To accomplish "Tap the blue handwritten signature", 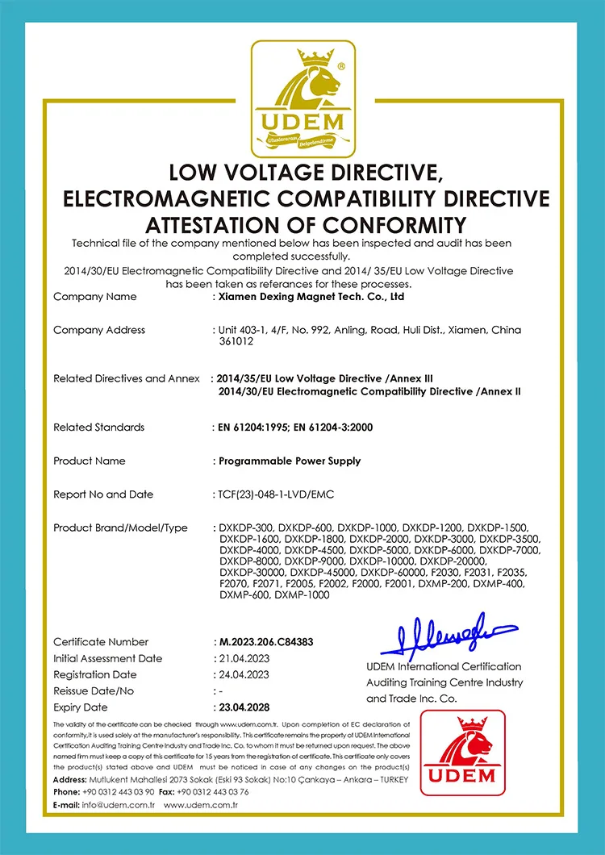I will (x=448, y=635).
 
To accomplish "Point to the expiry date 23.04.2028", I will (x=246, y=707).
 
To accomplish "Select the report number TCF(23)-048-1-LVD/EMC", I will (x=277, y=494).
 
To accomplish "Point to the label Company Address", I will (x=99, y=330).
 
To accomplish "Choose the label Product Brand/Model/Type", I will (x=120, y=528).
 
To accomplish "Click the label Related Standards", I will (x=99, y=427).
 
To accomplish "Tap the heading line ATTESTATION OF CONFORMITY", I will (x=302, y=223).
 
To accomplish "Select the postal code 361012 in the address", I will (x=236, y=341).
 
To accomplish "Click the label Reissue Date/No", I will (x=94, y=691).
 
